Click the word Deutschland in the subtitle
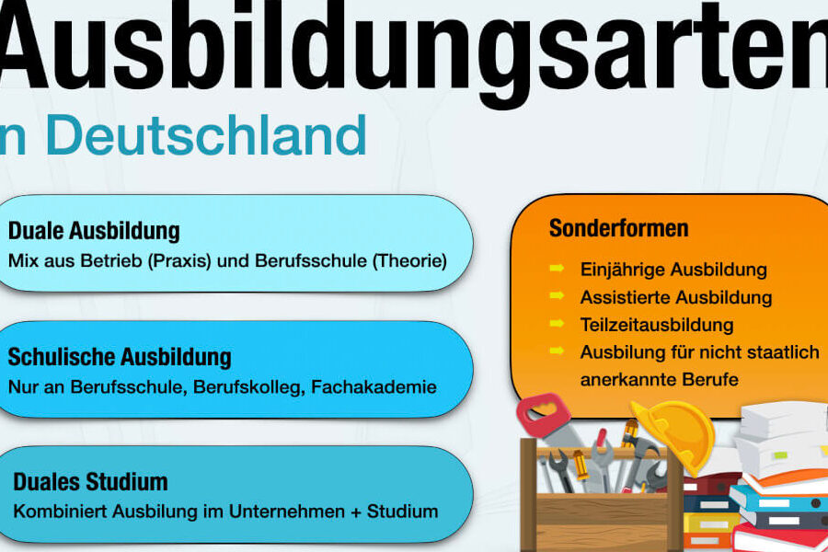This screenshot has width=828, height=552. pyautogui.click(x=206, y=135)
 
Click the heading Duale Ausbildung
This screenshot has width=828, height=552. pyautogui.click(x=94, y=231)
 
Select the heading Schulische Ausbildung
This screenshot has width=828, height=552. pyautogui.click(x=120, y=357)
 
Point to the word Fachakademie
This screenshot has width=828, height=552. pyautogui.click(x=374, y=387)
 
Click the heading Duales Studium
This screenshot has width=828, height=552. pyautogui.click(x=90, y=482)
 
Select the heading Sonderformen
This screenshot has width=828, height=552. pyautogui.click(x=619, y=228)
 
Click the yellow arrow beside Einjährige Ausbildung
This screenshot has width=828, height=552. pyautogui.click(x=557, y=269)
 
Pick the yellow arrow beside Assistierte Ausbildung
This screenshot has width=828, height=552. pyautogui.click(x=557, y=296)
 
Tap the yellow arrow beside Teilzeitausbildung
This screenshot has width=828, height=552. pyautogui.click(x=557, y=323)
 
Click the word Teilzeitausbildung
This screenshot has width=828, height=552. pyautogui.click(x=657, y=325)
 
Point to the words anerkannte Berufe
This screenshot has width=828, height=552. pyautogui.click(x=659, y=380)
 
